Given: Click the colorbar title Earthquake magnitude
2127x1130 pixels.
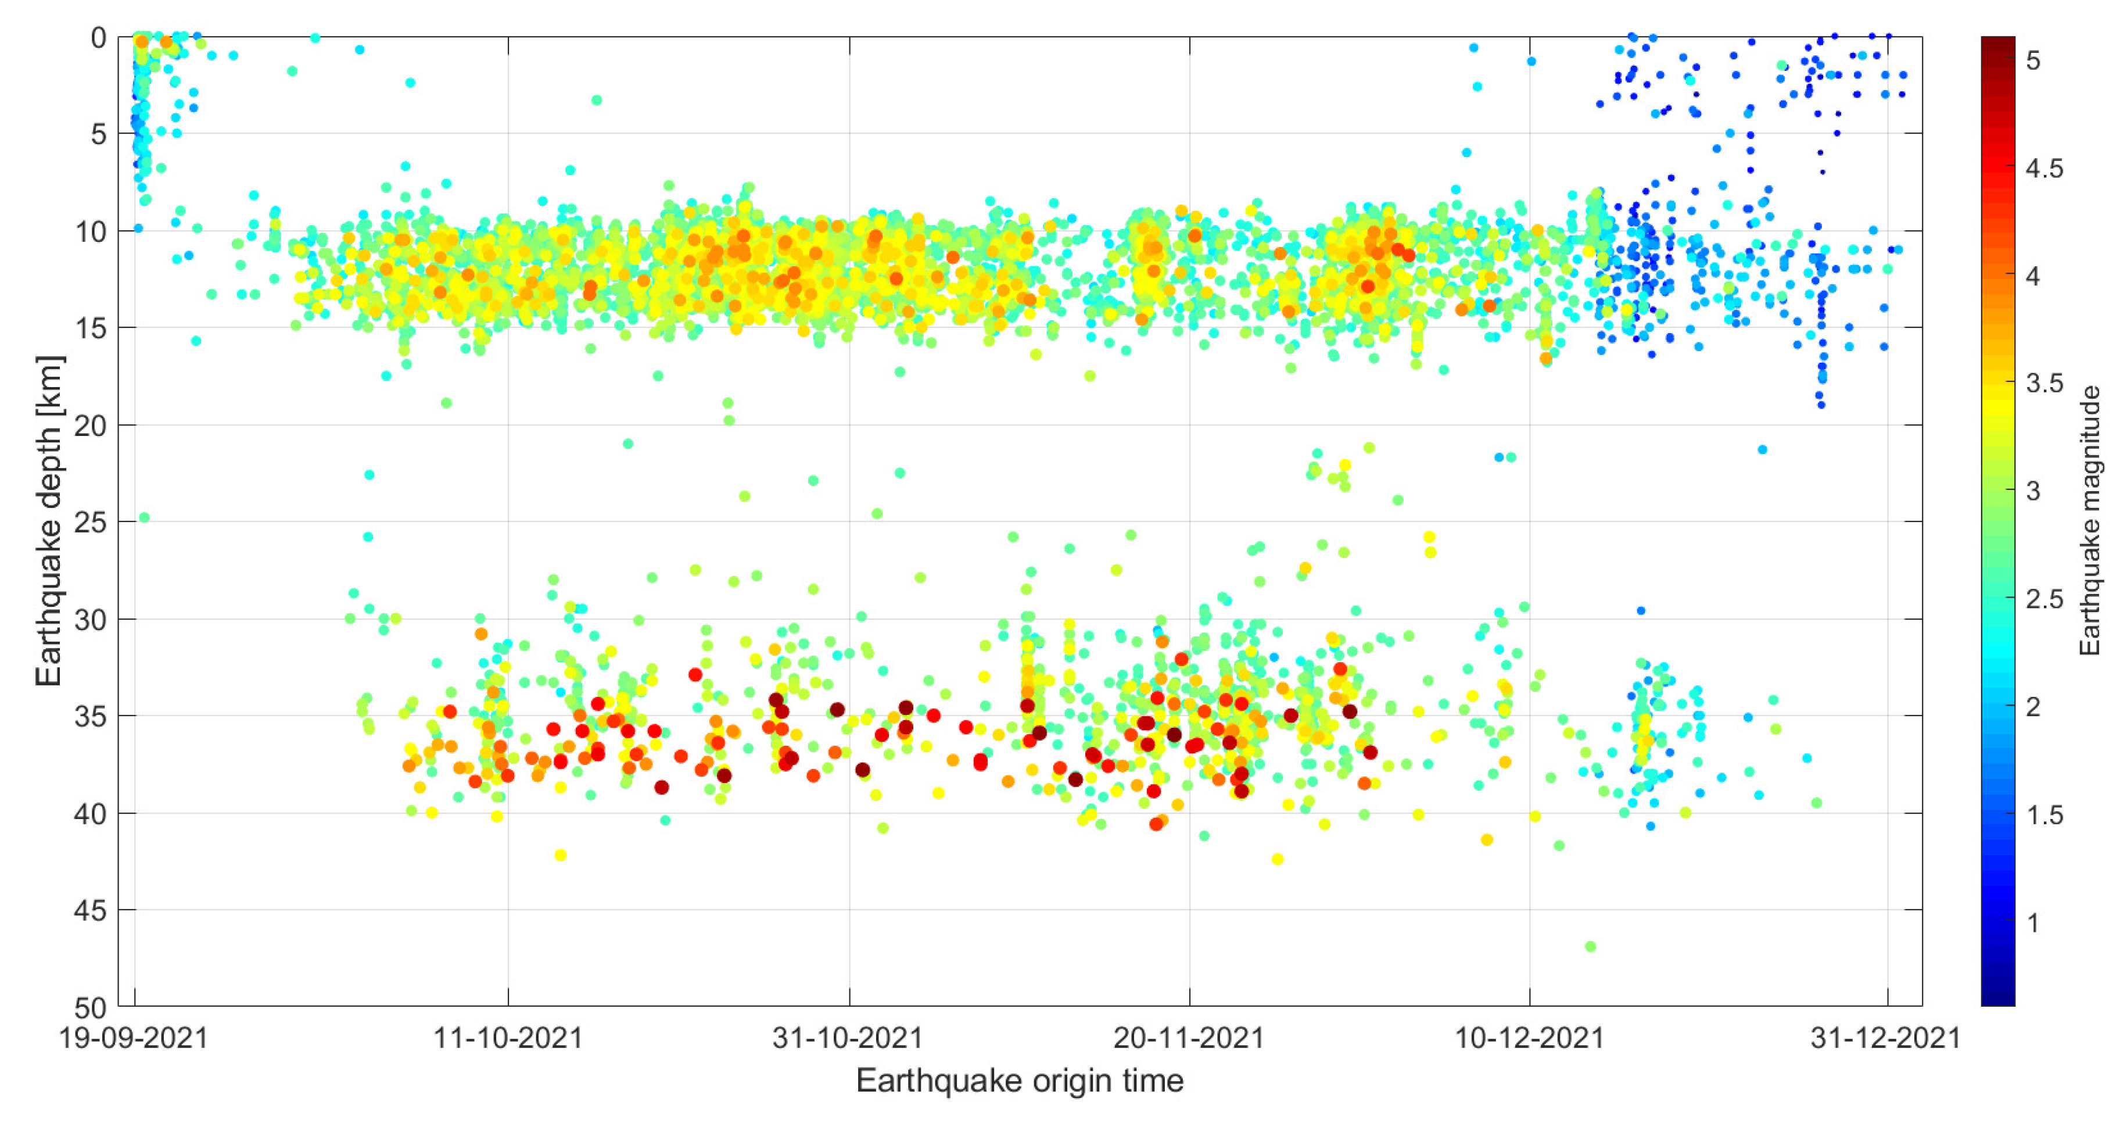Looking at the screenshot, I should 2090,520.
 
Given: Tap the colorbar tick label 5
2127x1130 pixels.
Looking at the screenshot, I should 2033,61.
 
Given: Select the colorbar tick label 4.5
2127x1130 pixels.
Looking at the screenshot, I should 2043,169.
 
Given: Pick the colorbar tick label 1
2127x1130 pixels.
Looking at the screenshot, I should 2033,922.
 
